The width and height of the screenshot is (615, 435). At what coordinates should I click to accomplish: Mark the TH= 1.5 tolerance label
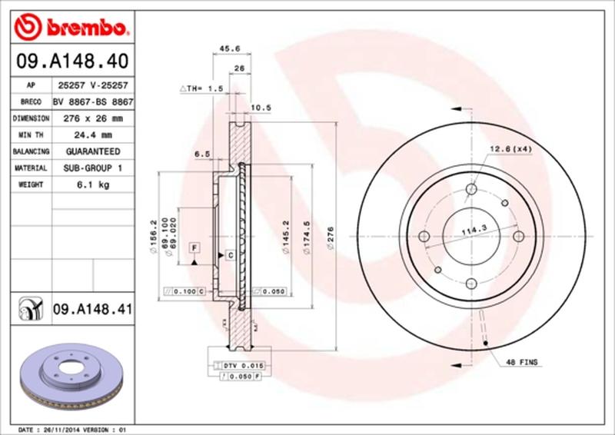[x=201, y=89]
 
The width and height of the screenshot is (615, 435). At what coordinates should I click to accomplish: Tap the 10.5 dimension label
[x=263, y=107]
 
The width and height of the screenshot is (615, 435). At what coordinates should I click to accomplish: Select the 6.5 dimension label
[x=202, y=154]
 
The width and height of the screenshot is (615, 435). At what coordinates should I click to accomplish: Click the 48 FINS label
[x=521, y=361]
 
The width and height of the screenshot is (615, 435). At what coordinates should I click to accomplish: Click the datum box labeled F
[x=195, y=247]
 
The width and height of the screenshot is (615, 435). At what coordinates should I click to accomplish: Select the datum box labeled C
[x=230, y=254]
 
